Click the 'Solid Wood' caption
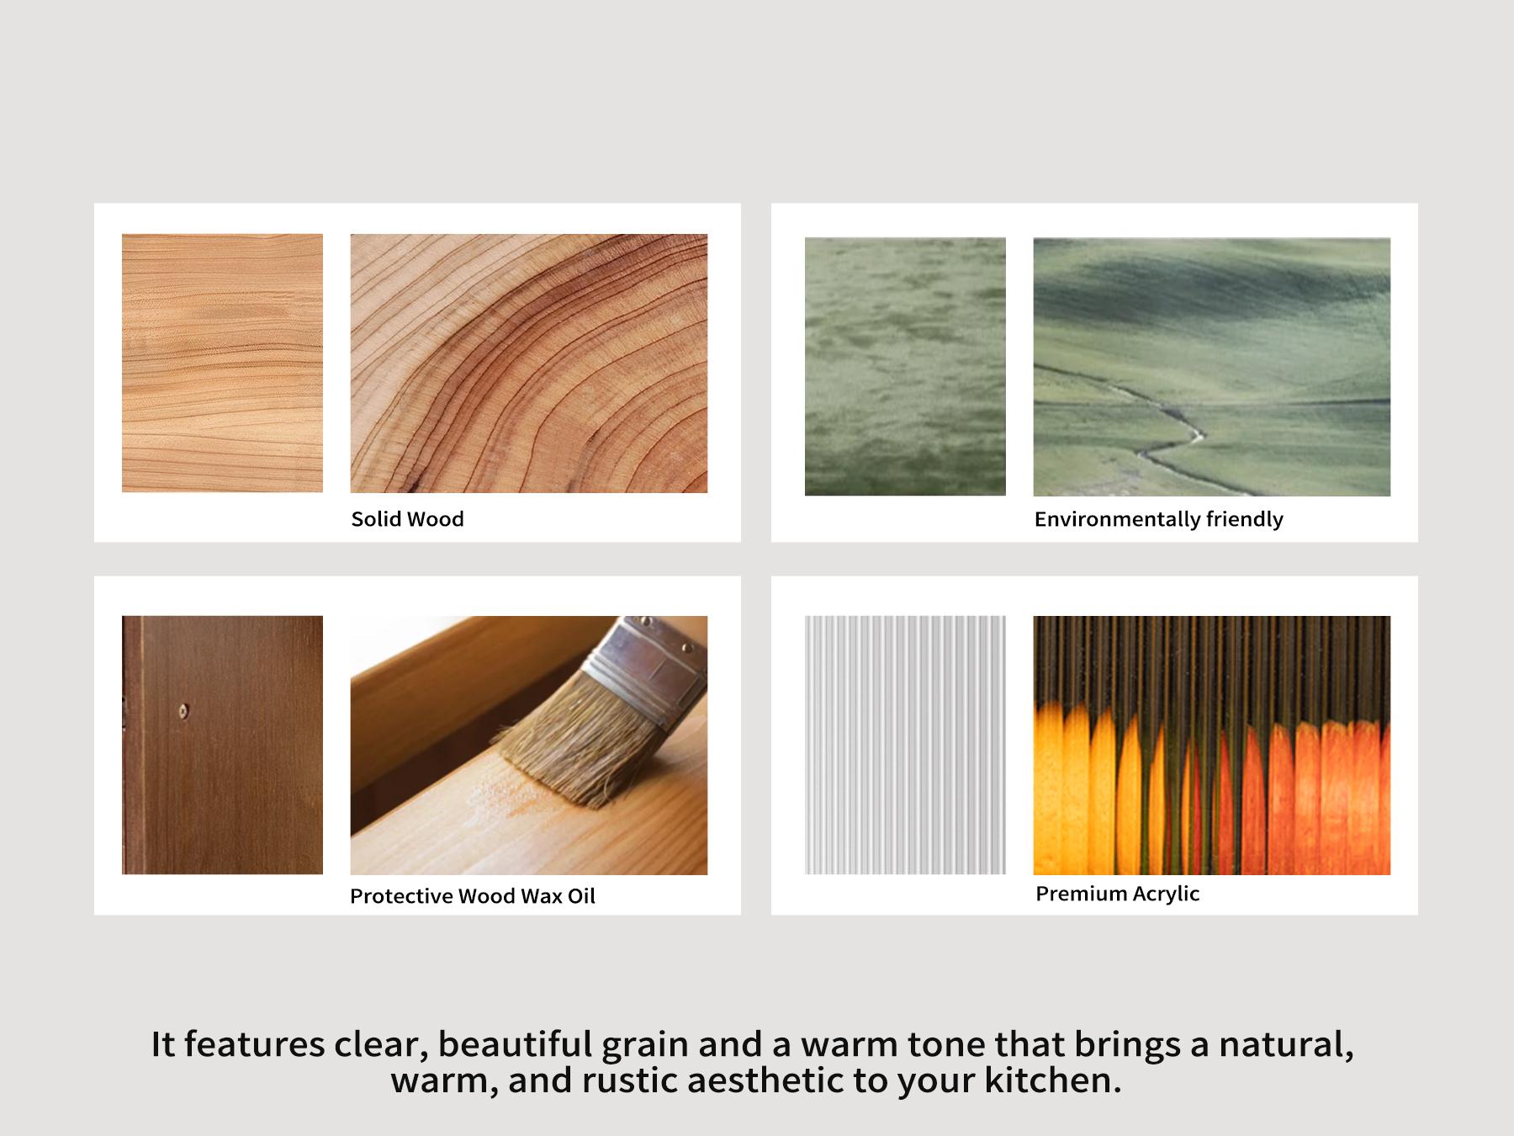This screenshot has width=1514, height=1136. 407,519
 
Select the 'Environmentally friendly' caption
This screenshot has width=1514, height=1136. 1158,520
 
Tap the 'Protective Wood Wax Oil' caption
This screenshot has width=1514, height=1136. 473,896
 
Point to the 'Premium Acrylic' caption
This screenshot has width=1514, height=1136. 1117,894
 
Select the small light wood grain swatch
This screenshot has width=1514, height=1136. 222,363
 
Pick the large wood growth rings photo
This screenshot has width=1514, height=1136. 529,363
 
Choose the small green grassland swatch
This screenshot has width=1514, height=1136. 905,366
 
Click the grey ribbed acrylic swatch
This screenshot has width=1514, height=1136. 905,745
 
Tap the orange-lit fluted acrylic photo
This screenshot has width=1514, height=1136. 1212,745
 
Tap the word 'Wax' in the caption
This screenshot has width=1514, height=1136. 541,896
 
